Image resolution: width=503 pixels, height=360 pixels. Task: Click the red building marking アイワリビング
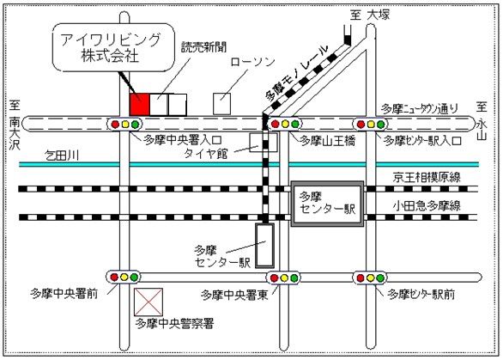click(140, 104)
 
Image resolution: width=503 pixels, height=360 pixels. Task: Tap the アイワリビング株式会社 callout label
click(113, 47)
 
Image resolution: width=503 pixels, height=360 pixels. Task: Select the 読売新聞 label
click(204, 47)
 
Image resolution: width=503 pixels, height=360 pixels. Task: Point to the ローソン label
click(252, 61)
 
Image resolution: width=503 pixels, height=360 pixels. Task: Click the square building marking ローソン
click(222, 104)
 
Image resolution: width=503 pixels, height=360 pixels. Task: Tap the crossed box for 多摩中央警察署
click(148, 302)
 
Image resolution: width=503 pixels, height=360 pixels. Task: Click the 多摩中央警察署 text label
click(175, 323)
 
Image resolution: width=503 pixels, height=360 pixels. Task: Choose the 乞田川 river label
click(61, 156)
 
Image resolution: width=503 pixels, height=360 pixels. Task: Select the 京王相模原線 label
click(427, 177)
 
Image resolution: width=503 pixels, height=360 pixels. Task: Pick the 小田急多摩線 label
click(427, 205)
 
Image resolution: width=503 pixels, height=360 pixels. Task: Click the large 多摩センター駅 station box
click(328, 204)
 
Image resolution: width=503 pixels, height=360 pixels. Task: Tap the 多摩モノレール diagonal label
click(297, 72)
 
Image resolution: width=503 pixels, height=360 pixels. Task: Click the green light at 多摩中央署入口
click(136, 125)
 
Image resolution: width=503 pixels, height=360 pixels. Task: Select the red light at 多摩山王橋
click(276, 124)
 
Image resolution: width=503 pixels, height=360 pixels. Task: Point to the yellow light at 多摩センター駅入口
click(371, 124)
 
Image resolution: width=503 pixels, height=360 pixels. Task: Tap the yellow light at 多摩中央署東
click(284, 278)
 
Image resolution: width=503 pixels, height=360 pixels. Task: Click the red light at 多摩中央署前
click(114, 277)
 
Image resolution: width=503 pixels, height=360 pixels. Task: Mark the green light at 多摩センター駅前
click(380, 278)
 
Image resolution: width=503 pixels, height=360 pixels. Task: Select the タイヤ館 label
click(206, 154)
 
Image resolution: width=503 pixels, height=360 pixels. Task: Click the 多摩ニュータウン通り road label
click(420, 109)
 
